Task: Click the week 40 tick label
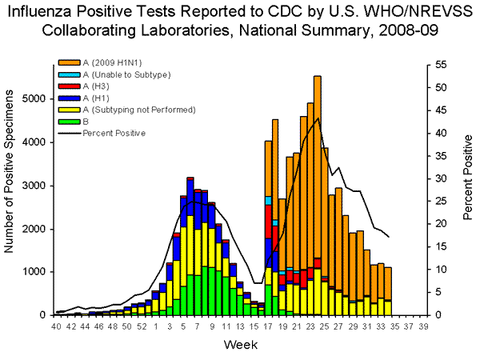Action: pos(56,326)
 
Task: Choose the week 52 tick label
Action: pos(141,326)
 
